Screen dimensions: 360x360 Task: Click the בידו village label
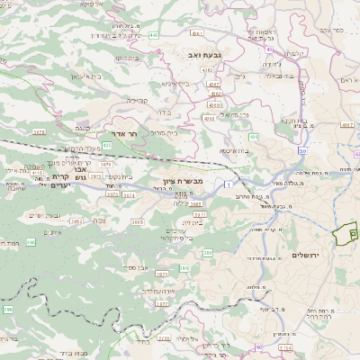(x=165, y=112)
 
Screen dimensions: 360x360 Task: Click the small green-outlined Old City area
(x=343, y=236)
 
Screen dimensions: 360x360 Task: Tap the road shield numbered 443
(x=155, y=35)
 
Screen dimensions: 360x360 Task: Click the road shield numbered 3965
(x=138, y=220)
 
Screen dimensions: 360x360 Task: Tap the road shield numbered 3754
(x=39, y=132)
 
